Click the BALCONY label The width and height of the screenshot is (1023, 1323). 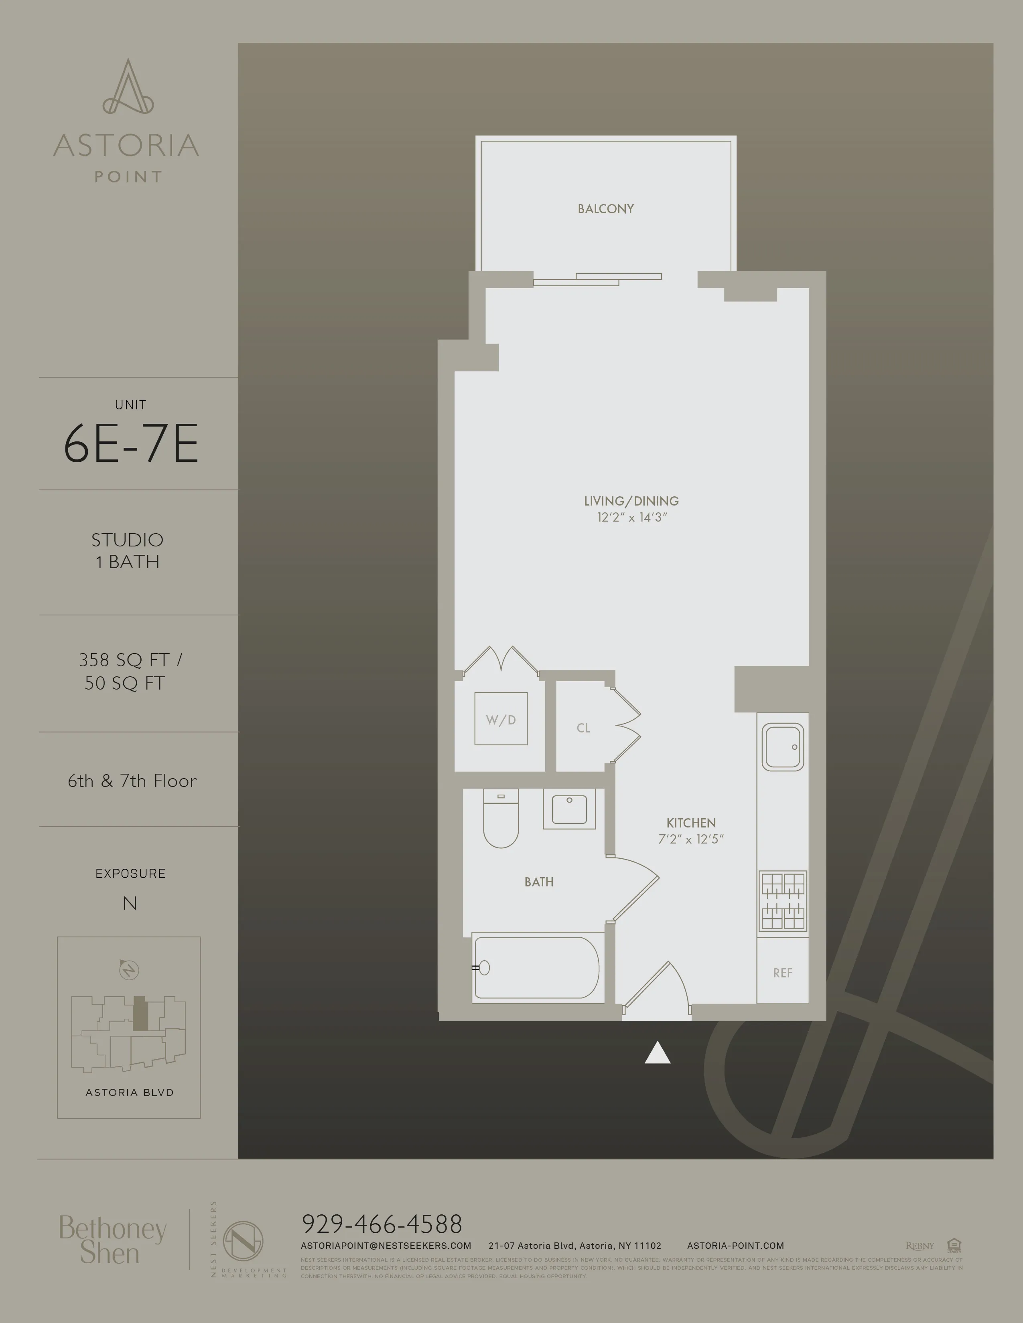(x=605, y=209)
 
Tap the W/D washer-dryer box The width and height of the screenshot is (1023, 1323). (x=501, y=719)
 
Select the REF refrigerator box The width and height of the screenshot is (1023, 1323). (x=782, y=973)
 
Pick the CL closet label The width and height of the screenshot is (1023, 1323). (x=583, y=728)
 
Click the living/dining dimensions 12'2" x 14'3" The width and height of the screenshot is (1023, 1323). (x=631, y=517)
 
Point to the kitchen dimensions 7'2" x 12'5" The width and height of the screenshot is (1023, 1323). (x=691, y=839)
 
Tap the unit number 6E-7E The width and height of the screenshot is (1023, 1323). (x=131, y=444)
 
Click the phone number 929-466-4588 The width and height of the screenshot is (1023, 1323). (x=382, y=1224)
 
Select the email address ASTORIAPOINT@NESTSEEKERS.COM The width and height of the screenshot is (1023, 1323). (x=386, y=1246)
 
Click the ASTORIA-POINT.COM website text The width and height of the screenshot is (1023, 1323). (x=735, y=1246)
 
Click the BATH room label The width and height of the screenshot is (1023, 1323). (x=539, y=882)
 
